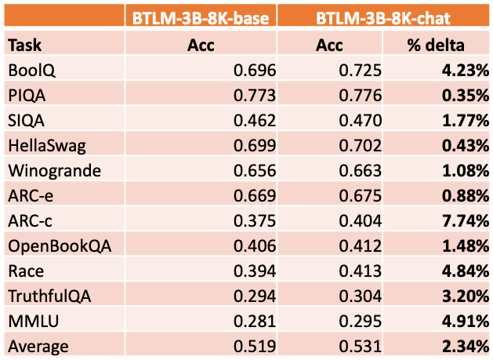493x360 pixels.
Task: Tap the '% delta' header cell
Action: [437, 45]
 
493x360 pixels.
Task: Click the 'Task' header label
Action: [24, 45]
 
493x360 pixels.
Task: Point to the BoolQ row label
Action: [30, 71]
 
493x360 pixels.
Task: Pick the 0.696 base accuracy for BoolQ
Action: [255, 71]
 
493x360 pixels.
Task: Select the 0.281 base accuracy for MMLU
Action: [255, 321]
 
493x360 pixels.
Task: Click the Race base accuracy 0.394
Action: [255, 271]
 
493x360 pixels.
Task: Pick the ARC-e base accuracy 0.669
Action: [255, 196]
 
